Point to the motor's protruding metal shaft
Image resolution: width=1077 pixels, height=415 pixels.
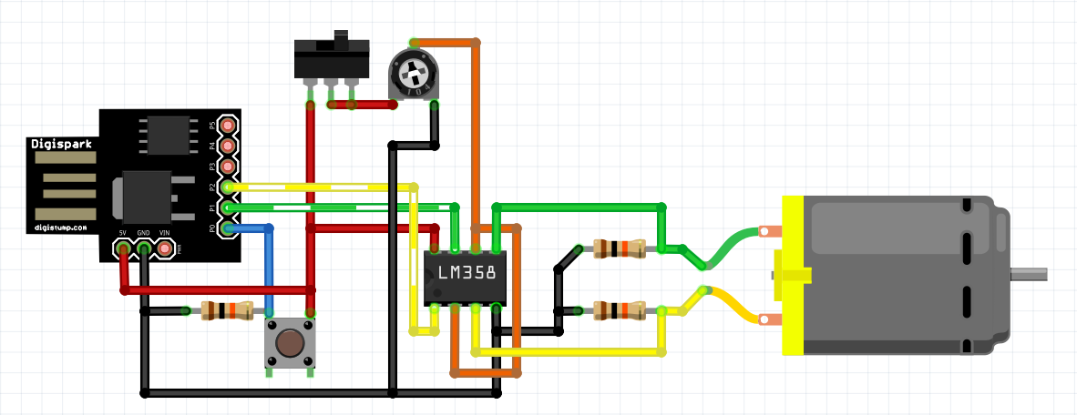pyautogui.click(x=1029, y=274)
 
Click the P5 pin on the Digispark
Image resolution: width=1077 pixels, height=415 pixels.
pyautogui.click(x=227, y=125)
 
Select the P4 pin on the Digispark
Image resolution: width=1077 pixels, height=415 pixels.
pyautogui.click(x=227, y=145)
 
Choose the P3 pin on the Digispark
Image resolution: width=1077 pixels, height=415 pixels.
pyautogui.click(x=227, y=166)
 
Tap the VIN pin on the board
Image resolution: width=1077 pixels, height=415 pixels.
pyautogui.click(x=165, y=247)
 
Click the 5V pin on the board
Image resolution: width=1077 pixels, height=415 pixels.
pyautogui.click(x=123, y=247)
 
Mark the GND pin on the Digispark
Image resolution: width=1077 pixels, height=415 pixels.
pyautogui.click(x=144, y=247)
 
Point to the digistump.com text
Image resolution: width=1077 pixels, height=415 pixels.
pyautogui.click(x=61, y=228)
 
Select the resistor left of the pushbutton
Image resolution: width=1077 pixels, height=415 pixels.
pyautogui.click(x=225, y=311)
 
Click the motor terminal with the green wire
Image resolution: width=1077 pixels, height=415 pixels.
pyautogui.click(x=769, y=231)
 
